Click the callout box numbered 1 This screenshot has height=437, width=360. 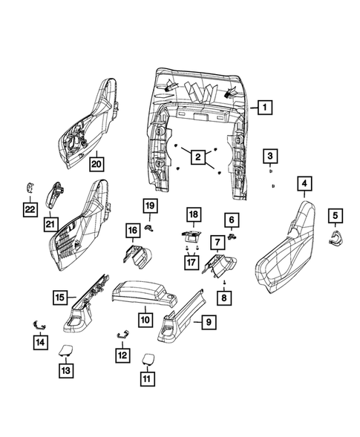(264, 108)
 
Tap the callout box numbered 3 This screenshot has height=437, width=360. (271, 156)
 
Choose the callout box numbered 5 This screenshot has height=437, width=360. (336, 216)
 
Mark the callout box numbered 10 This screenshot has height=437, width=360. (145, 320)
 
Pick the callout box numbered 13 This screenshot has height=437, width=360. (65, 370)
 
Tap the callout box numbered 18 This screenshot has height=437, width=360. (193, 215)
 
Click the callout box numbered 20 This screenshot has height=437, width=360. (97, 162)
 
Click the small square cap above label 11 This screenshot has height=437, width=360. (147, 358)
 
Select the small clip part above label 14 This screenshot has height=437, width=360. (39, 323)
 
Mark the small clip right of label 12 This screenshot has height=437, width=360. (122, 335)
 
